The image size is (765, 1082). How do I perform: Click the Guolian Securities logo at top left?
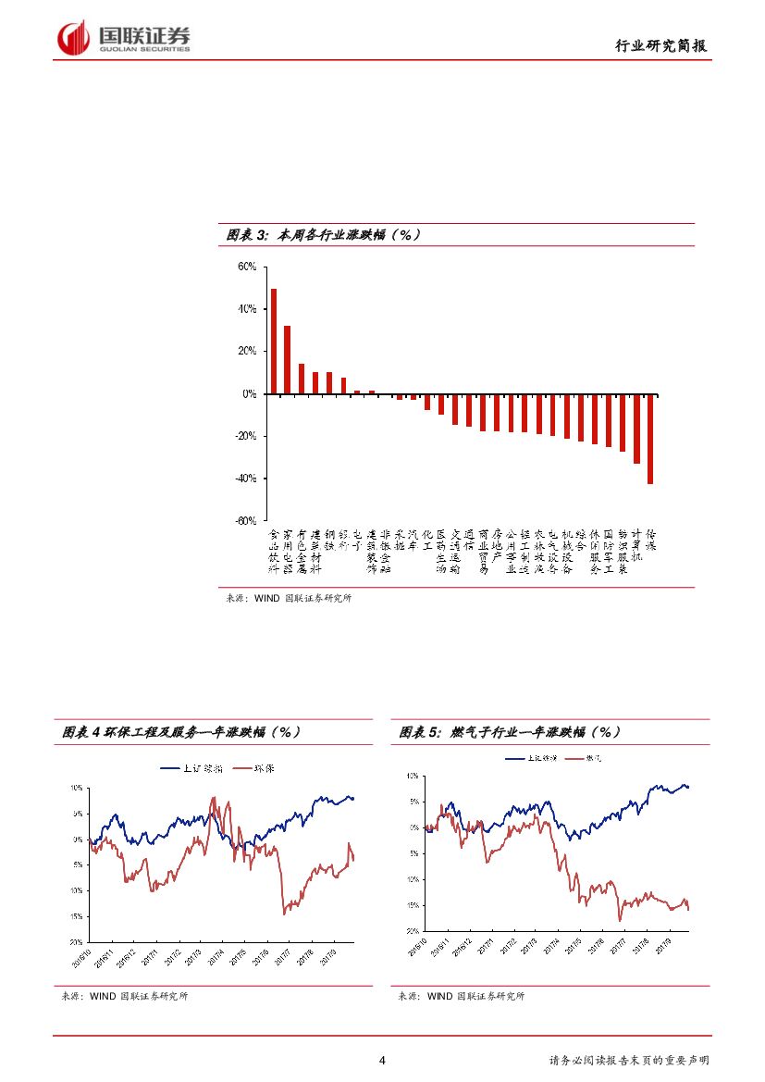click(124, 38)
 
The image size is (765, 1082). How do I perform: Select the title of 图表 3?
click(323, 235)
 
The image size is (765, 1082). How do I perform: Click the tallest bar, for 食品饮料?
click(274, 342)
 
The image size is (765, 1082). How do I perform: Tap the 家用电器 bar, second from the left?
click(288, 360)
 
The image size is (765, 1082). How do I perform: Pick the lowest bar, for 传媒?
click(650, 439)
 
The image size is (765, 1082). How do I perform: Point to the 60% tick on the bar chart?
click(247, 267)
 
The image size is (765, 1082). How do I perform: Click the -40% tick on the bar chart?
click(245, 479)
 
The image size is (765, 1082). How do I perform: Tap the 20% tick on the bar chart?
click(247, 352)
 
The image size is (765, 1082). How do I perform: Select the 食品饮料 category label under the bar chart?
click(274, 552)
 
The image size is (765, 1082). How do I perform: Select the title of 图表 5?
click(509, 732)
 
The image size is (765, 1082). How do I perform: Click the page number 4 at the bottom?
click(382, 1061)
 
